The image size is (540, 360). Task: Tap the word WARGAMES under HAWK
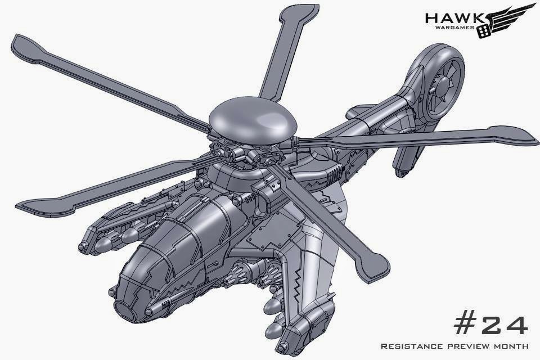click(x=455, y=28)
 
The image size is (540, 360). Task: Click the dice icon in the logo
click(x=484, y=31)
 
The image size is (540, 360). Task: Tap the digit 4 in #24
click(x=516, y=322)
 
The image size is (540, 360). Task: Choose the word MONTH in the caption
click(x=511, y=346)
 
